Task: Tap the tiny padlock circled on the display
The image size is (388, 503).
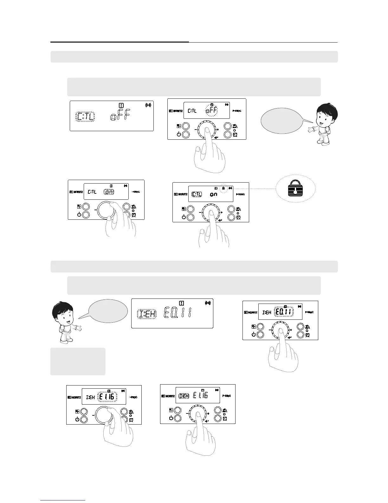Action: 223,188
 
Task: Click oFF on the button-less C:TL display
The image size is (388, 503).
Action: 120,117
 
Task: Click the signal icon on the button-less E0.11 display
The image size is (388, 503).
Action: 208,303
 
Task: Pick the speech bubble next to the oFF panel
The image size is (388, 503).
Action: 281,121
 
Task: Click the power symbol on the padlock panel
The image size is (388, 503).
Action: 184,217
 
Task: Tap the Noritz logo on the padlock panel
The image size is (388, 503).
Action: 181,194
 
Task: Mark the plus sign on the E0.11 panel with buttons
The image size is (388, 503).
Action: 291,331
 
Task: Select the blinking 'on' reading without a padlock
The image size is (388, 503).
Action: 109,192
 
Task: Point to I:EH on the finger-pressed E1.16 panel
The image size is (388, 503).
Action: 184,396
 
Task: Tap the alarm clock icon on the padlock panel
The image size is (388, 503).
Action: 238,218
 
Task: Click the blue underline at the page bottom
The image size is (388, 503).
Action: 63,500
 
